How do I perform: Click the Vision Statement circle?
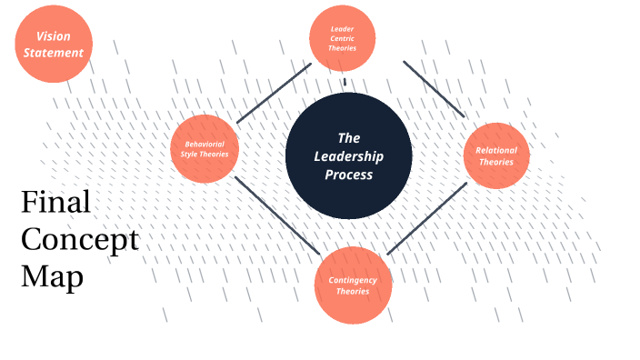(x=54, y=44)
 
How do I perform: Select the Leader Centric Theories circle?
(x=343, y=39)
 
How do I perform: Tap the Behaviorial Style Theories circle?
(x=205, y=148)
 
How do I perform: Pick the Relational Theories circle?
(x=495, y=155)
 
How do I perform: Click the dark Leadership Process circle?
(x=349, y=156)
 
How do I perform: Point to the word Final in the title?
(x=55, y=202)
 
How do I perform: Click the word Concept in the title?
(x=79, y=239)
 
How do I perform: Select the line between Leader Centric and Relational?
(x=434, y=89)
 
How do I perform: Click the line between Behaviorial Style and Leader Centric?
(x=274, y=93)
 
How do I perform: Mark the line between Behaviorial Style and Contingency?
(x=276, y=215)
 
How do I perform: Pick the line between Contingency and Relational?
(x=426, y=217)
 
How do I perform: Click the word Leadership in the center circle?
(x=349, y=156)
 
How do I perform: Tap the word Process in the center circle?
(x=349, y=175)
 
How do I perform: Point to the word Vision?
(x=54, y=36)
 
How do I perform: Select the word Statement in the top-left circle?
(x=54, y=53)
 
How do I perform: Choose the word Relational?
(x=496, y=150)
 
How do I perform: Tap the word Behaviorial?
(x=205, y=144)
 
